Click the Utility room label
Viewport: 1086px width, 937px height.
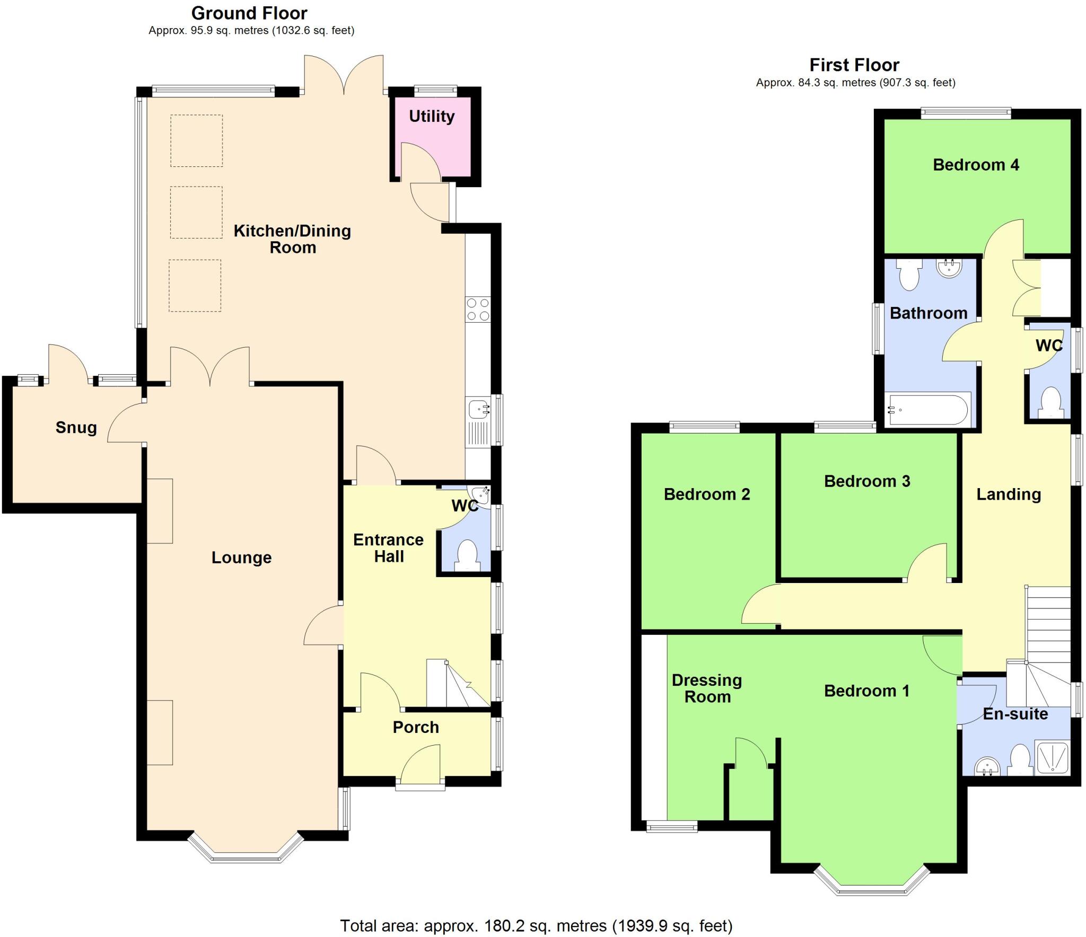pos(432,116)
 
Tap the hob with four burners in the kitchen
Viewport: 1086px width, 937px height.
pos(478,310)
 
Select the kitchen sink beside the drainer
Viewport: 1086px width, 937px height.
pos(478,409)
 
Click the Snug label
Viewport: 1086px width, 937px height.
pos(76,427)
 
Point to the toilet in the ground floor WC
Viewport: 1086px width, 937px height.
pos(468,555)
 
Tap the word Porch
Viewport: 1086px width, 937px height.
pos(416,727)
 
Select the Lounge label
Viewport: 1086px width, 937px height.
pos(241,557)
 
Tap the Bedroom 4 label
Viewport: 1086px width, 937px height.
pos(976,165)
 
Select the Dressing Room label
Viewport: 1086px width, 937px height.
pos(707,688)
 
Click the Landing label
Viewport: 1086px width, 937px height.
pos(1009,494)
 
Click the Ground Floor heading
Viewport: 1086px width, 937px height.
pos(249,13)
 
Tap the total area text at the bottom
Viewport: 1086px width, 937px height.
pos(536,925)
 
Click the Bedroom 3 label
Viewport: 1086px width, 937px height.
pos(867,481)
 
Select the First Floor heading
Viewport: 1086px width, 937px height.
pos(854,65)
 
